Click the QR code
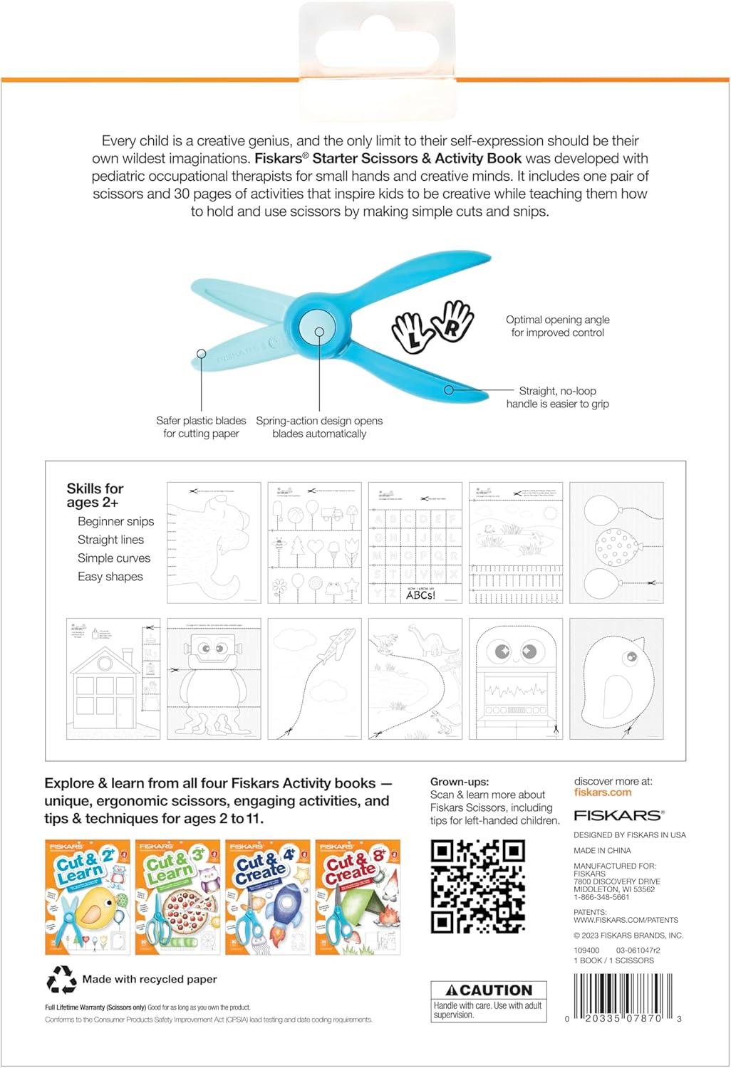[x=478, y=886]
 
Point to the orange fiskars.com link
[x=603, y=792]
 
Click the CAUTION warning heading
[x=489, y=990]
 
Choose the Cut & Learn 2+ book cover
[x=88, y=897]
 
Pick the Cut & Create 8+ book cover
[x=358, y=897]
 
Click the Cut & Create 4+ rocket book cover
[x=268, y=897]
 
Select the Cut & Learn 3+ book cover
[x=177, y=897]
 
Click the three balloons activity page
[x=616, y=543]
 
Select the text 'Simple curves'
[x=114, y=558]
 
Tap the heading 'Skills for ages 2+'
[x=95, y=495]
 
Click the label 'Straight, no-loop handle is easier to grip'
[x=557, y=397]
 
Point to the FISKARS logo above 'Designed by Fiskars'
[x=618, y=815]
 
